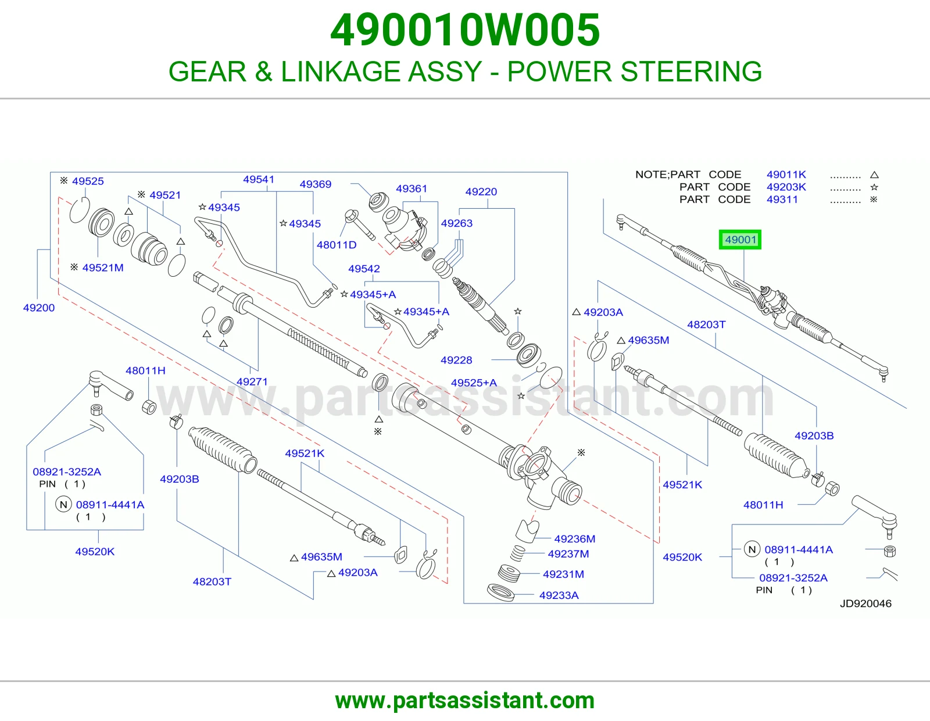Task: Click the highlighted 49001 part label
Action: click(740, 240)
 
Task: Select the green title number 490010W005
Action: click(465, 30)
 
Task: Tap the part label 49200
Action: click(39, 308)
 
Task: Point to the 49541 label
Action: click(259, 180)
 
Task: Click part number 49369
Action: click(316, 184)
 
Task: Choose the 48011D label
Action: click(337, 245)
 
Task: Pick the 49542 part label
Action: click(364, 269)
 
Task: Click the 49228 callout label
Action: click(456, 360)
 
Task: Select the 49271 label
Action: click(252, 381)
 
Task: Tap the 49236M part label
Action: click(574, 538)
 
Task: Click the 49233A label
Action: click(559, 595)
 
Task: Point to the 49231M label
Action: click(563, 574)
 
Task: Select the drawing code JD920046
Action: click(865, 604)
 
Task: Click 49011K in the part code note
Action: click(786, 174)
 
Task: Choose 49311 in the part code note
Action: click(782, 199)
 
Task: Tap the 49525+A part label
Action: click(474, 383)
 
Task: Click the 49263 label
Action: click(457, 223)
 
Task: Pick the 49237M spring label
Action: click(568, 554)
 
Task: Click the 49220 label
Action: click(481, 191)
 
